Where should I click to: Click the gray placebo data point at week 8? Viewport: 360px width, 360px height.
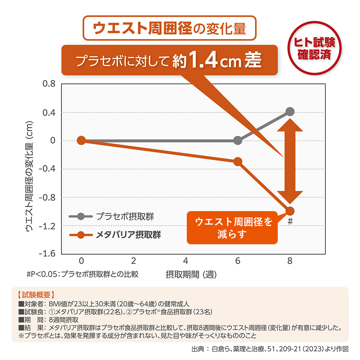[290, 112]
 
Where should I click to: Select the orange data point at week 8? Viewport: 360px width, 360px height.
[290, 211]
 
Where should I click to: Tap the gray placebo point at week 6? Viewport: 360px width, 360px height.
[238, 140]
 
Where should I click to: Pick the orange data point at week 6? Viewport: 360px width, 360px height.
[238, 162]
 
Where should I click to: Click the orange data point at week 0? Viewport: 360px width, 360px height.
[81, 140]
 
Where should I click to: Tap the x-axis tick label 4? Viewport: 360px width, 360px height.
[186, 261]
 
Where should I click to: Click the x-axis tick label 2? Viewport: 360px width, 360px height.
[133, 261]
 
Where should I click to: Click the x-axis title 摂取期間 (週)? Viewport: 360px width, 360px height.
[191, 275]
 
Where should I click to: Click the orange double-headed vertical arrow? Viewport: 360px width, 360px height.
[290, 161]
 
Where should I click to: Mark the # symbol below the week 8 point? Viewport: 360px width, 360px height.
[290, 221]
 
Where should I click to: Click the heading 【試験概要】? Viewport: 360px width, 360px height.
[36, 295]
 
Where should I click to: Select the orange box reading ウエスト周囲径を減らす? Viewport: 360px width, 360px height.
[232, 227]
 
